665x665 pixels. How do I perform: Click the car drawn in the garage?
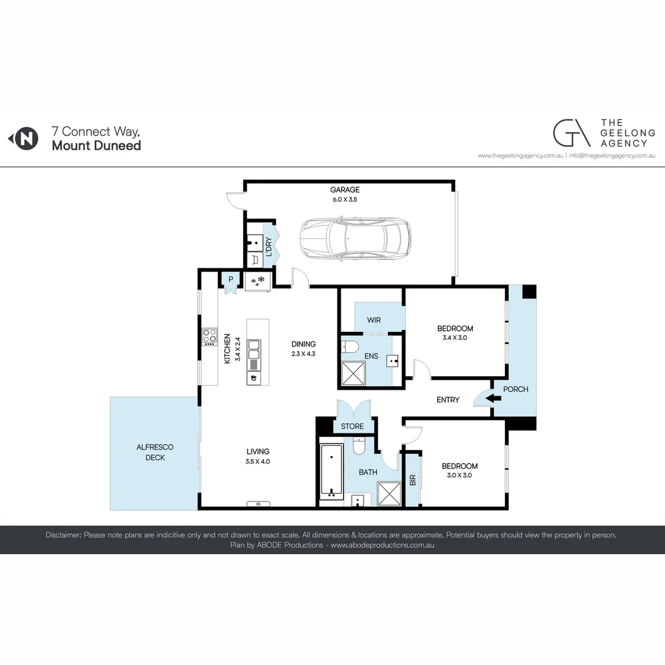(x=355, y=238)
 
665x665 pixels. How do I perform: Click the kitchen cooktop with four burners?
(x=210, y=336)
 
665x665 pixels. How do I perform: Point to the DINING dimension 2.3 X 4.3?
(x=304, y=354)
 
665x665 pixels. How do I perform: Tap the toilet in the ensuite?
(x=350, y=347)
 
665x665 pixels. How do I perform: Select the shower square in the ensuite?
(x=353, y=373)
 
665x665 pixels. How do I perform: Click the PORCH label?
(x=515, y=389)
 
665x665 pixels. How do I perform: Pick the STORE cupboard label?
(x=352, y=426)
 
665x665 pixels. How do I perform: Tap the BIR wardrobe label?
(x=413, y=480)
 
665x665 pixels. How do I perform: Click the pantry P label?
(x=230, y=279)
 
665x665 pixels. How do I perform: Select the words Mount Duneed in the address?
(x=97, y=146)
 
